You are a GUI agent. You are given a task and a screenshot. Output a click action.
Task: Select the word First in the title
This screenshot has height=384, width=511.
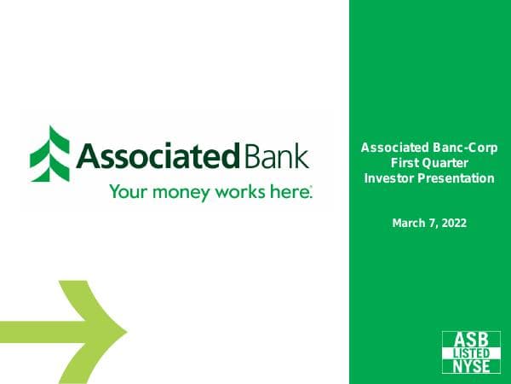pyautogui.click(x=405, y=163)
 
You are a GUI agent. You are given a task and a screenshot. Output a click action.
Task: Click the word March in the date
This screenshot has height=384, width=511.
pyautogui.click(x=408, y=223)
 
